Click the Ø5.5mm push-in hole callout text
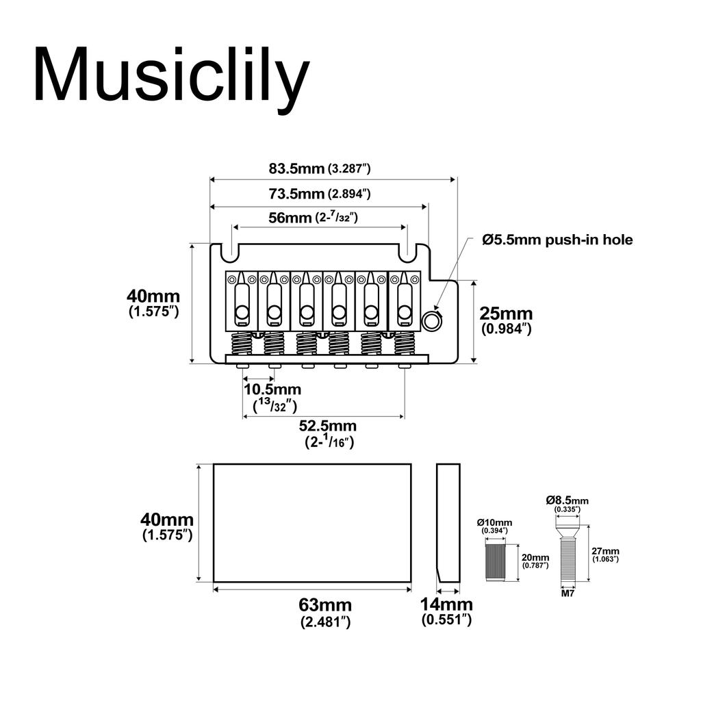557,240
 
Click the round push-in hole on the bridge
432,320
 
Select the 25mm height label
506,320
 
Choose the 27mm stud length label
605,555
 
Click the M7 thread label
568,594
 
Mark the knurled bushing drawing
495,561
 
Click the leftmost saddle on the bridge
241,301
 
